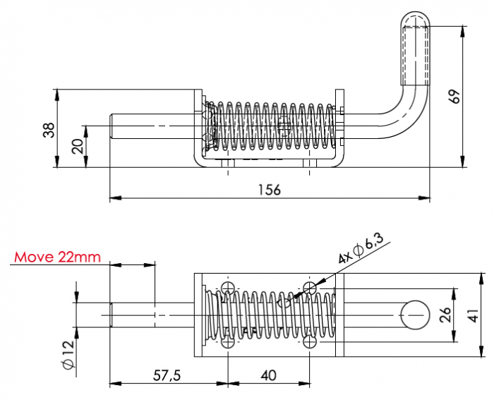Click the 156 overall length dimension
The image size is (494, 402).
tap(270, 189)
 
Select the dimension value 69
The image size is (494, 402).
tap(454, 97)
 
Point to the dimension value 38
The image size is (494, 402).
tap(47, 129)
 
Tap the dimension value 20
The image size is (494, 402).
tap(77, 146)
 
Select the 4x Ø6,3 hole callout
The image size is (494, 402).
tap(360, 250)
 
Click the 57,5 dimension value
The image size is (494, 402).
tap(167, 375)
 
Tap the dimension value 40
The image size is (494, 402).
tap(268, 375)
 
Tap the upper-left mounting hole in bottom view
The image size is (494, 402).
tap(228, 288)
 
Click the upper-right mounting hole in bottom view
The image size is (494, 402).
tap(310, 288)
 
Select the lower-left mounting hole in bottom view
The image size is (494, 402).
tap(228, 342)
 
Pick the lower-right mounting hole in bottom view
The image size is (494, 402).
tap(310, 342)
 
